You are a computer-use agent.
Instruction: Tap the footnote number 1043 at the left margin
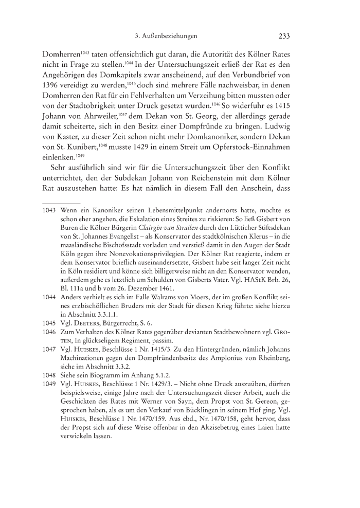36,211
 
